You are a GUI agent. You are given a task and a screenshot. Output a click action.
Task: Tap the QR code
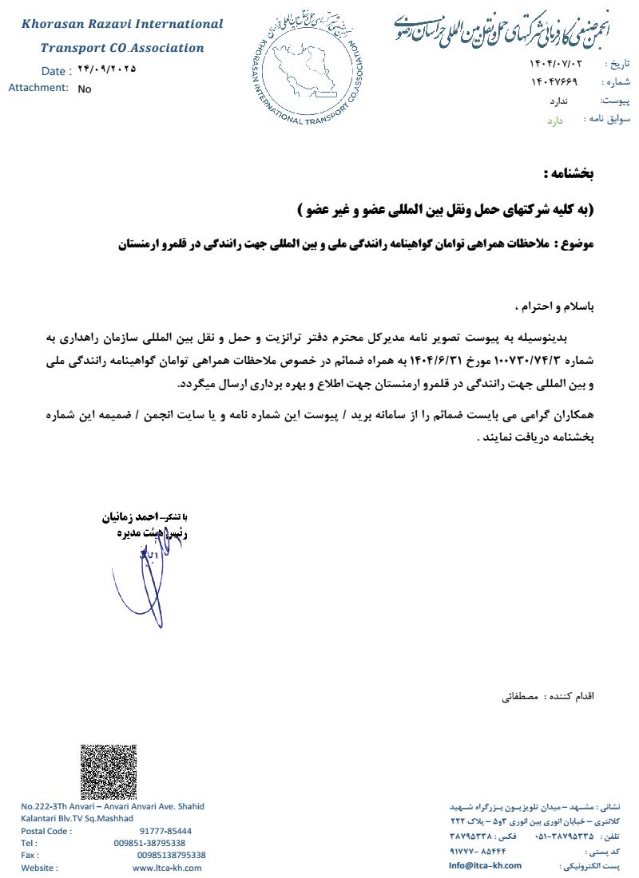tap(109, 771)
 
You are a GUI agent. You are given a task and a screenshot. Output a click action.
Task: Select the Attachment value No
tap(85, 89)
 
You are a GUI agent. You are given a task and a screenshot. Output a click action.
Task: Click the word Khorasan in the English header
tap(54, 25)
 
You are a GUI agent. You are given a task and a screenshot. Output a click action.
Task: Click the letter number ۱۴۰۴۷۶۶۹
tap(554, 81)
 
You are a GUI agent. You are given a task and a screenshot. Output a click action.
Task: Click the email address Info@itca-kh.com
tap(485, 865)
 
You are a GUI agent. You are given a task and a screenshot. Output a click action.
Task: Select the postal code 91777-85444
tap(165, 831)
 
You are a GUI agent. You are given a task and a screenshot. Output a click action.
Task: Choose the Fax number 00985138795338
tap(171, 855)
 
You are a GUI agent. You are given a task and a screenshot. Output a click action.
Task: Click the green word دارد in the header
tap(555, 121)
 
